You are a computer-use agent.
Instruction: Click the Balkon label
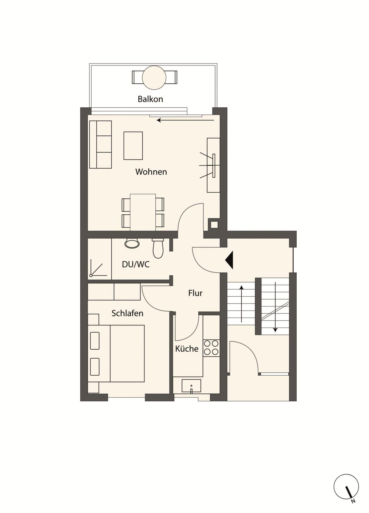pyautogui.click(x=150, y=99)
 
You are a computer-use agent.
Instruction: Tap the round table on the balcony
pyautogui.click(x=154, y=77)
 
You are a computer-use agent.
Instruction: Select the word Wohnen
pyautogui.click(x=151, y=172)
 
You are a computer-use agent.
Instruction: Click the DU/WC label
pyautogui.click(x=136, y=264)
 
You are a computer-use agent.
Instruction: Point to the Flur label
pyautogui.click(x=195, y=293)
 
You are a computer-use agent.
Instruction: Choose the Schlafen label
pyautogui.click(x=127, y=313)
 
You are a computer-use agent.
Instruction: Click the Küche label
pyautogui.click(x=187, y=349)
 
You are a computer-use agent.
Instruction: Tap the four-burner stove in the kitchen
pyautogui.click(x=211, y=348)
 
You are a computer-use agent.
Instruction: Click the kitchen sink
pyautogui.click(x=191, y=386)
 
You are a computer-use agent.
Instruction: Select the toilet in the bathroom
pyautogui.click(x=158, y=248)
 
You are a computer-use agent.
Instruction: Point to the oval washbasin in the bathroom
pyautogui.click(x=132, y=243)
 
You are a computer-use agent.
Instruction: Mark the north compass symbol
pyautogui.click(x=346, y=487)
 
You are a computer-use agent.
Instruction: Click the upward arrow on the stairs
pyautogui.click(x=241, y=304)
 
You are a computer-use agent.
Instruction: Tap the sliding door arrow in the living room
pyautogui.click(x=185, y=120)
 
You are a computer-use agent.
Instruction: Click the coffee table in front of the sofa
pyautogui.click(x=133, y=146)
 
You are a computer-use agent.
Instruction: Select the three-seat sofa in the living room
pyautogui.click(x=100, y=145)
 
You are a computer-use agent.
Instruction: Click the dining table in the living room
pyautogui.click(x=143, y=212)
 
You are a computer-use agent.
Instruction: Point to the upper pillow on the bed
pyautogui.click(x=95, y=341)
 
